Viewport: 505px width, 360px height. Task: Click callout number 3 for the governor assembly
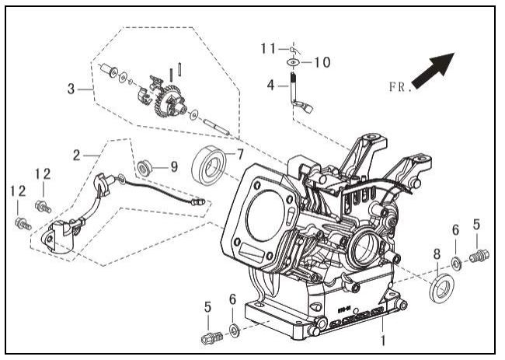coord(71,89)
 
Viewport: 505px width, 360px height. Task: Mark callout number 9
coord(173,166)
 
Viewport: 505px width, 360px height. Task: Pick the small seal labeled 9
coord(145,166)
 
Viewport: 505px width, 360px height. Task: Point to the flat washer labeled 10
coord(294,60)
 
